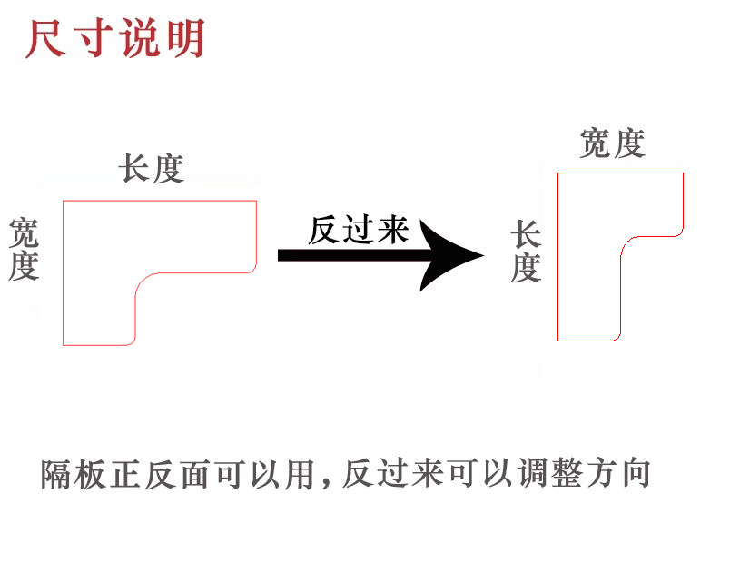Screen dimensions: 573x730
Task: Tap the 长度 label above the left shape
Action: [151, 169]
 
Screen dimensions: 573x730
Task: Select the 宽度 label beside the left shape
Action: [24, 250]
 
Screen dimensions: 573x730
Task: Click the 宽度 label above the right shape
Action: [613, 143]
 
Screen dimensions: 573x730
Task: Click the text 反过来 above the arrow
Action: [358, 230]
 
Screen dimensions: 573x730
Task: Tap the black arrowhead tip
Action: [483, 255]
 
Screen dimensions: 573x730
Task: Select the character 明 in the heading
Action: [184, 38]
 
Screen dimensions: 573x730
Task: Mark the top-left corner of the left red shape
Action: [63, 201]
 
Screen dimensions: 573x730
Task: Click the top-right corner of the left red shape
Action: [256, 201]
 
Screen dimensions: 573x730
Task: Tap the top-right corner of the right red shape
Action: [682, 173]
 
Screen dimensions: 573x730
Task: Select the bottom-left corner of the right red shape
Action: [557, 341]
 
